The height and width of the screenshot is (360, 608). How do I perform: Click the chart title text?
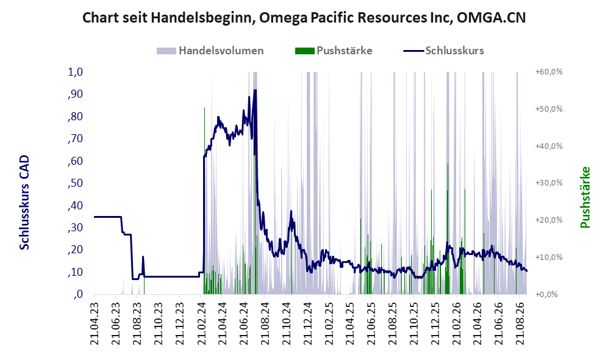point(304,18)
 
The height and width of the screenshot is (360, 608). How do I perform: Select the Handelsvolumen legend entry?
point(210,51)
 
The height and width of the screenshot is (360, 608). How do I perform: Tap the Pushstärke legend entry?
point(334,51)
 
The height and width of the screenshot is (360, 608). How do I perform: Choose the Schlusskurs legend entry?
point(443,51)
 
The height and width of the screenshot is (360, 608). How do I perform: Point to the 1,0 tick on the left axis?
point(76,72)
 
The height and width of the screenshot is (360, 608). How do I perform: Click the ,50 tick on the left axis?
point(76,182)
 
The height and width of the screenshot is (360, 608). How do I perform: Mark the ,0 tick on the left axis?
point(78,294)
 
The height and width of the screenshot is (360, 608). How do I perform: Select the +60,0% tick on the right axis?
point(549,72)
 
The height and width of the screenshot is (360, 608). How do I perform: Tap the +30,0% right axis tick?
point(549,182)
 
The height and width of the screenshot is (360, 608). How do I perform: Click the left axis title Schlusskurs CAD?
point(24,202)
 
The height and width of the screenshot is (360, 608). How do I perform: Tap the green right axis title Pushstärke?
point(585,197)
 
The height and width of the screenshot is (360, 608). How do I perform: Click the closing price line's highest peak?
point(255,90)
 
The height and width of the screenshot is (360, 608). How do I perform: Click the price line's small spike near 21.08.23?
point(143,257)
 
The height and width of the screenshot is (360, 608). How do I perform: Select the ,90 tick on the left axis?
point(76,94)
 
